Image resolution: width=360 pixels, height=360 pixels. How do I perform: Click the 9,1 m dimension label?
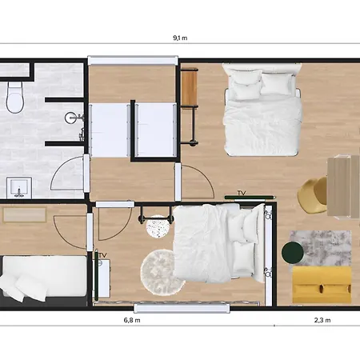[180, 38]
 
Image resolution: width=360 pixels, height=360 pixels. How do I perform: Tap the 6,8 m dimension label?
[132, 320]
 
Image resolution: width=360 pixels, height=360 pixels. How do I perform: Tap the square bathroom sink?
[18, 186]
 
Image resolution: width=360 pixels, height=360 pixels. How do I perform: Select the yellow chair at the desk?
[313, 194]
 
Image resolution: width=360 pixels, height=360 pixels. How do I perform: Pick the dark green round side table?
[294, 254]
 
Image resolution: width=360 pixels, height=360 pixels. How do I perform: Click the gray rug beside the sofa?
[320, 248]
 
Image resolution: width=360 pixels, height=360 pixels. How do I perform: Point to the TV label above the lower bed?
[241, 194]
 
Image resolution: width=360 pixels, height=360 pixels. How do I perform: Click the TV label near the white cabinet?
[102, 255]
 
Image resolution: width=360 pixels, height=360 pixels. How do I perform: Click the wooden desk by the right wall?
[343, 186]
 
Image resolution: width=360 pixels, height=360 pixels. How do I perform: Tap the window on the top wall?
[132, 60]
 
